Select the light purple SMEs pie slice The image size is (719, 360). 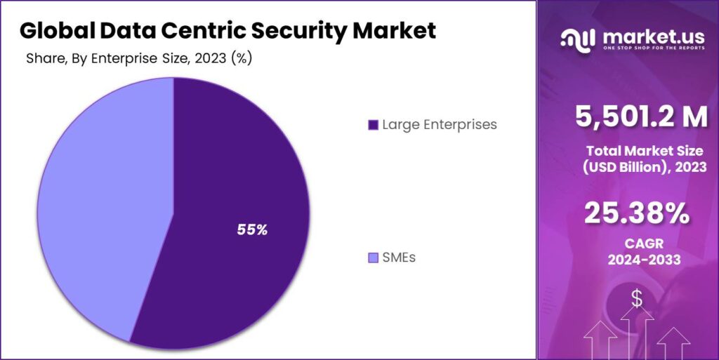click(x=98, y=211)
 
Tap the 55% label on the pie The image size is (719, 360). click(x=252, y=229)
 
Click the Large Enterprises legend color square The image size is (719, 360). click(x=373, y=125)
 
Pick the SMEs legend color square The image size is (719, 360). click(x=373, y=258)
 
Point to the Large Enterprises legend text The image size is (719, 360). click(x=440, y=125)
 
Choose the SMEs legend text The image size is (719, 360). click(x=398, y=258)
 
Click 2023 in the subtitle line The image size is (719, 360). click(x=211, y=59)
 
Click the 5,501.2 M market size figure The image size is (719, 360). click(x=641, y=117)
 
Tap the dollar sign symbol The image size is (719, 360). click(x=636, y=300)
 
